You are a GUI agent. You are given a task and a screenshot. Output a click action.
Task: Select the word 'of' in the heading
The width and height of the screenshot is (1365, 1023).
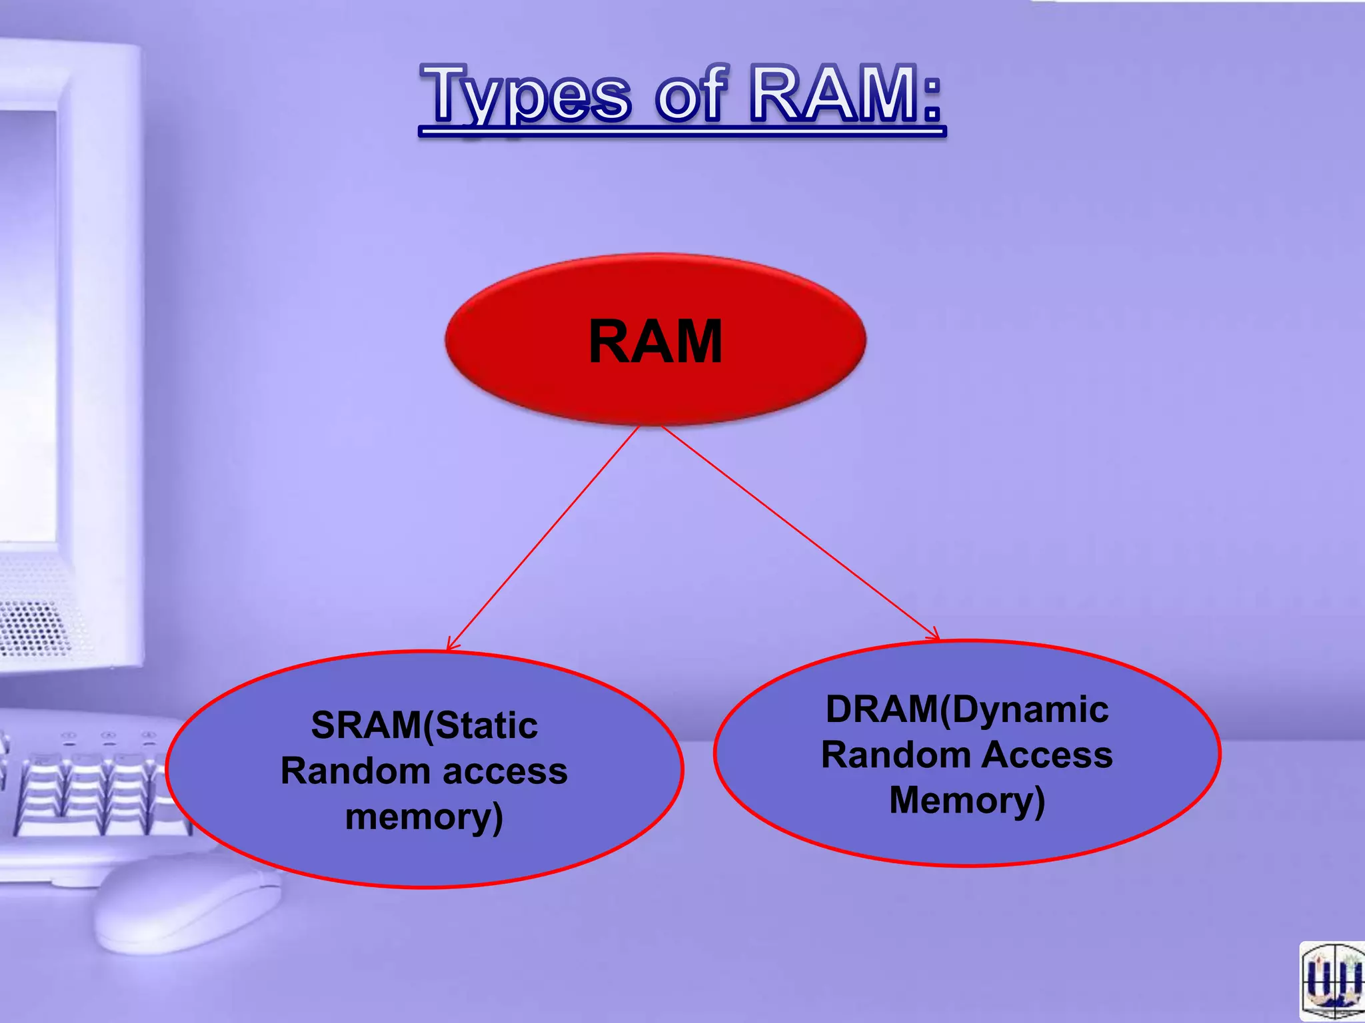689,95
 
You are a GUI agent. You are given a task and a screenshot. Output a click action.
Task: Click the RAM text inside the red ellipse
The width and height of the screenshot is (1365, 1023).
656,342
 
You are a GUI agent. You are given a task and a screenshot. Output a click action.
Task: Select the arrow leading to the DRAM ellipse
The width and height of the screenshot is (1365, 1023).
800,533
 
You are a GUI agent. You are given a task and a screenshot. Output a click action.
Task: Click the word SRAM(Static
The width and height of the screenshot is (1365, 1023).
424,725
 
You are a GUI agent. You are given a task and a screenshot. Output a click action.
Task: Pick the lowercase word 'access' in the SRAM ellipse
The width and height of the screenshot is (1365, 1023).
505,771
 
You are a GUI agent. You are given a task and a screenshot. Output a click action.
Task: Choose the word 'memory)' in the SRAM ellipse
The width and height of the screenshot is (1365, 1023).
424,817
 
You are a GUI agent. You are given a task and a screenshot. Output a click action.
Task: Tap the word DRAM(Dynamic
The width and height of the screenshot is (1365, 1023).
966,709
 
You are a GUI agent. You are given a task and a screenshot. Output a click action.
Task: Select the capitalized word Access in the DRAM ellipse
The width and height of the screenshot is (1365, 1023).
1046,755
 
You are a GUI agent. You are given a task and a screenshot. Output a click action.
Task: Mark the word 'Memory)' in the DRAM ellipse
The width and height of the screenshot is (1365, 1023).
966,800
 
